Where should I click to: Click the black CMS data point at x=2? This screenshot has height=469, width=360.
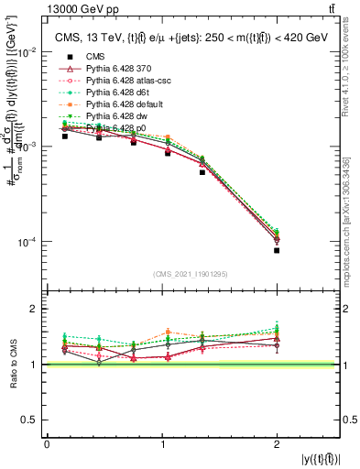point(276,250)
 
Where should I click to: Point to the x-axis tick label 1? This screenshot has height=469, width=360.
point(161,444)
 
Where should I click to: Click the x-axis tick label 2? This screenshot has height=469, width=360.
point(276,444)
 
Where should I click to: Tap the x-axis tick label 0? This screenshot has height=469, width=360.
point(47,444)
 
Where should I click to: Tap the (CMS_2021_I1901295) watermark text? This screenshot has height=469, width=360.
point(191,274)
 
